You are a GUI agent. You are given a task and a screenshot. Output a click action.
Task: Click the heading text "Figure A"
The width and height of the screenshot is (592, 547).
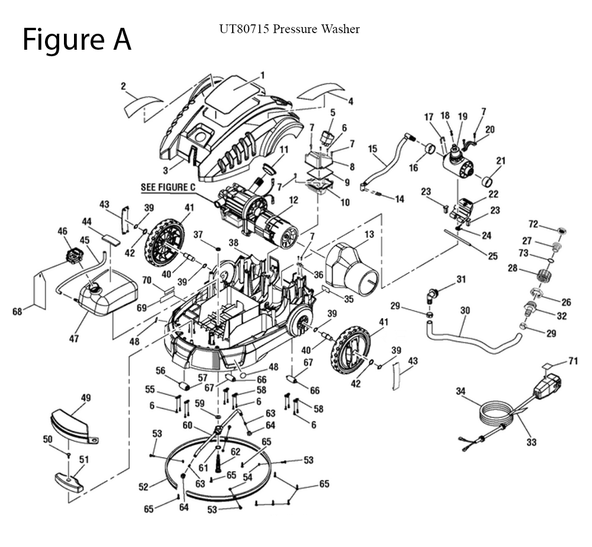(76, 40)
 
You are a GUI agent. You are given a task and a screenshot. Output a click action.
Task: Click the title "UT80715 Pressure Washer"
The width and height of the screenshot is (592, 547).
(289, 29)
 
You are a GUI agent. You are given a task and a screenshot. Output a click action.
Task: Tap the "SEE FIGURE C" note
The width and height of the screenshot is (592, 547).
(168, 188)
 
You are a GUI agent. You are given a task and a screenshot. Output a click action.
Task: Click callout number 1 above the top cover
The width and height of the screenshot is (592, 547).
(262, 75)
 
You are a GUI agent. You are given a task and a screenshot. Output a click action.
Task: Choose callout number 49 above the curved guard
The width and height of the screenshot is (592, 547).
(86, 398)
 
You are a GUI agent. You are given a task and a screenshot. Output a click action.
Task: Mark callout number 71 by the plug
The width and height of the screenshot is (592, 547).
(572, 361)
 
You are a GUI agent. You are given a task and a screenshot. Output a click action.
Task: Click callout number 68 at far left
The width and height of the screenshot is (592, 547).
(17, 310)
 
